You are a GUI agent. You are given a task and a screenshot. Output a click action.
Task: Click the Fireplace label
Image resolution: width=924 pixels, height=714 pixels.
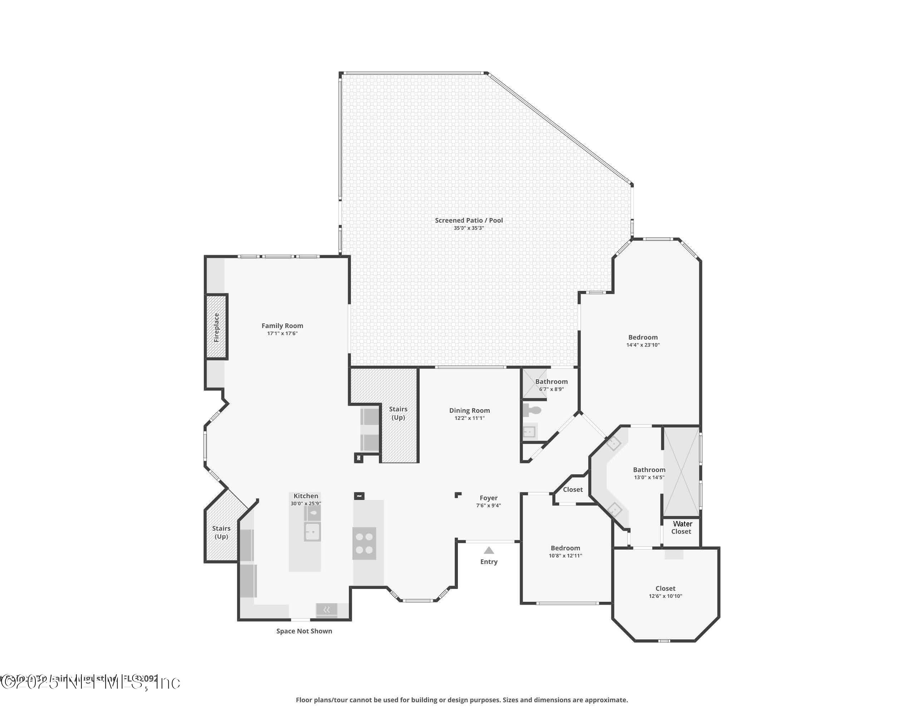click(x=217, y=327)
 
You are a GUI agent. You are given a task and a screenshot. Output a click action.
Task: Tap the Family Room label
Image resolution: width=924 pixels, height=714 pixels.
click(x=282, y=326)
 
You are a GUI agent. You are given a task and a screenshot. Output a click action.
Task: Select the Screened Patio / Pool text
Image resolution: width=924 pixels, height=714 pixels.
click(x=469, y=220)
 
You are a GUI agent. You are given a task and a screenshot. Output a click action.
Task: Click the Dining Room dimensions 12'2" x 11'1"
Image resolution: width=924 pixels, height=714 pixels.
click(x=469, y=418)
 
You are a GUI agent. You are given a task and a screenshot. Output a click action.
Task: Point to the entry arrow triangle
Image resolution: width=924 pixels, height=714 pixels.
click(x=489, y=550)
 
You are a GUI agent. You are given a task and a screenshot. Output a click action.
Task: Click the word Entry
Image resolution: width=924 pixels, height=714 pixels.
click(x=489, y=562)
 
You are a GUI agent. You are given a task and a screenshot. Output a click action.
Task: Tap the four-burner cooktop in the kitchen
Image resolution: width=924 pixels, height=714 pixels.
click(x=364, y=544)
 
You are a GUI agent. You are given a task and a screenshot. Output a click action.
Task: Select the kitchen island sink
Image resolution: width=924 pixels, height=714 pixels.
click(x=312, y=531)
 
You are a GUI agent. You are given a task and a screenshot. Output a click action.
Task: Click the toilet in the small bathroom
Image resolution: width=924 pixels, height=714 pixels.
click(x=532, y=410)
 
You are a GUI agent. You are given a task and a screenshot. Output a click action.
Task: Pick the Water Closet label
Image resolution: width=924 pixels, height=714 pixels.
click(x=681, y=527)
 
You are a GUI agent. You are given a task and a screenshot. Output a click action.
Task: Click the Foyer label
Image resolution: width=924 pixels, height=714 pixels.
click(x=488, y=498)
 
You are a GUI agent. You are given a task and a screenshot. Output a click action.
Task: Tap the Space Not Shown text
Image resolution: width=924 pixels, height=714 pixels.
click(x=304, y=631)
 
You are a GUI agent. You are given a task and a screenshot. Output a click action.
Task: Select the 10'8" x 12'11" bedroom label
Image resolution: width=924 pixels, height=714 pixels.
click(x=565, y=548)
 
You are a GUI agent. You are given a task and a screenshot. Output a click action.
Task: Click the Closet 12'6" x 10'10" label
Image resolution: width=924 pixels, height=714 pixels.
click(x=665, y=588)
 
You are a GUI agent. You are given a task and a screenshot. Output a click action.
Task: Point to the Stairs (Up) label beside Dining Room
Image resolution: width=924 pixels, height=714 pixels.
click(x=398, y=413)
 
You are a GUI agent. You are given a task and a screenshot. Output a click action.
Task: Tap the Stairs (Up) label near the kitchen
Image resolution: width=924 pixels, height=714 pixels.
click(x=221, y=532)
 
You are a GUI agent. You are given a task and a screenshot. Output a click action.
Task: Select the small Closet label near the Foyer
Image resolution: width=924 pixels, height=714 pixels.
click(x=573, y=489)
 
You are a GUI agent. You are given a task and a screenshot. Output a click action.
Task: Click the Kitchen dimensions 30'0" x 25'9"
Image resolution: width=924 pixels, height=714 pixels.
click(x=306, y=504)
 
